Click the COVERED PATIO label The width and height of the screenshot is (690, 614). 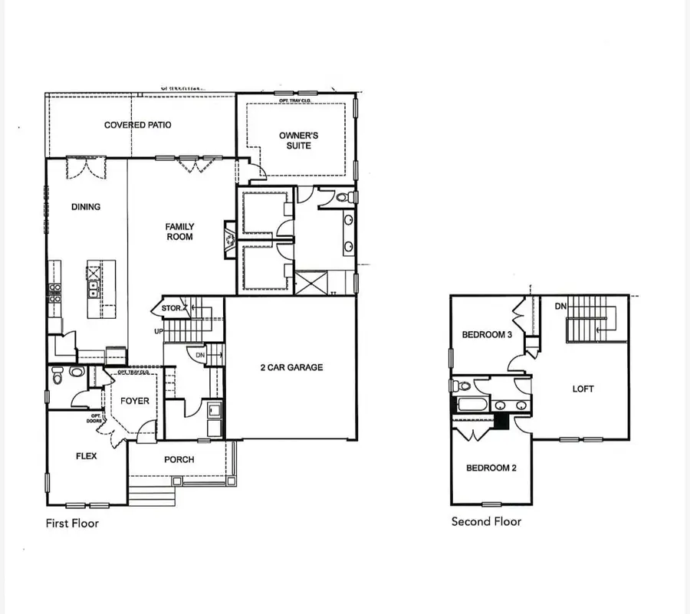pyautogui.click(x=138, y=125)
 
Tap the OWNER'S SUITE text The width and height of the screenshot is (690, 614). pyautogui.click(x=298, y=140)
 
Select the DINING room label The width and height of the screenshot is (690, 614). pyautogui.click(x=86, y=207)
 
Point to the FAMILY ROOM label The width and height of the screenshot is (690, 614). pyautogui.click(x=179, y=231)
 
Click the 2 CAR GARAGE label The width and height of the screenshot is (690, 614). pyautogui.click(x=291, y=367)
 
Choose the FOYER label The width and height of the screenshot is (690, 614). pyautogui.click(x=135, y=401)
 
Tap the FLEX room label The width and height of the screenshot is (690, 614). pyautogui.click(x=86, y=456)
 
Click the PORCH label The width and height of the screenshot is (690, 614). pyautogui.click(x=179, y=460)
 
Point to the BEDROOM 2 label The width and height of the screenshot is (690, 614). pyautogui.click(x=491, y=468)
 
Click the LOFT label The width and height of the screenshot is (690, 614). pyautogui.click(x=583, y=389)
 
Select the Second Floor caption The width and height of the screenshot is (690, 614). pyautogui.click(x=486, y=522)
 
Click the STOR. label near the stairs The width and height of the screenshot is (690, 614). pyautogui.click(x=171, y=309)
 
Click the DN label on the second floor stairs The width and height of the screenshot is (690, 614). pyautogui.click(x=560, y=307)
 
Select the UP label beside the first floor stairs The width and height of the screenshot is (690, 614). pyautogui.click(x=159, y=332)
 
